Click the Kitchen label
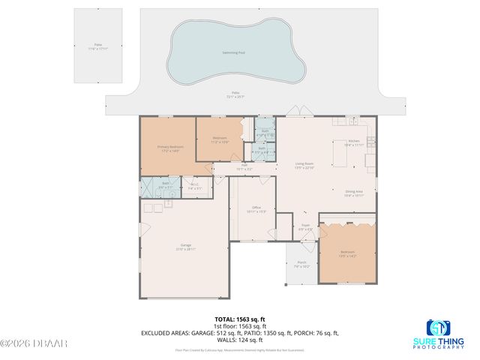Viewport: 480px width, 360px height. coord(353,142)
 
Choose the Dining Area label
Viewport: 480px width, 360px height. coord(354,193)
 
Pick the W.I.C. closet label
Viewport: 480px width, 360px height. coord(193,187)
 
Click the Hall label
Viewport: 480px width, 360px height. coord(244,166)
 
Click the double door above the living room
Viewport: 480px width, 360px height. coord(293,113)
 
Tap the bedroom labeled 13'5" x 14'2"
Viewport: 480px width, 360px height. coord(347,253)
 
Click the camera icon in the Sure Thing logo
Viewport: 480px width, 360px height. coord(437,328)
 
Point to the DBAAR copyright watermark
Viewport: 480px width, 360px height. coord(34,343)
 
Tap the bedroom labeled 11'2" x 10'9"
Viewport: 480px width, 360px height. coord(219,139)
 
